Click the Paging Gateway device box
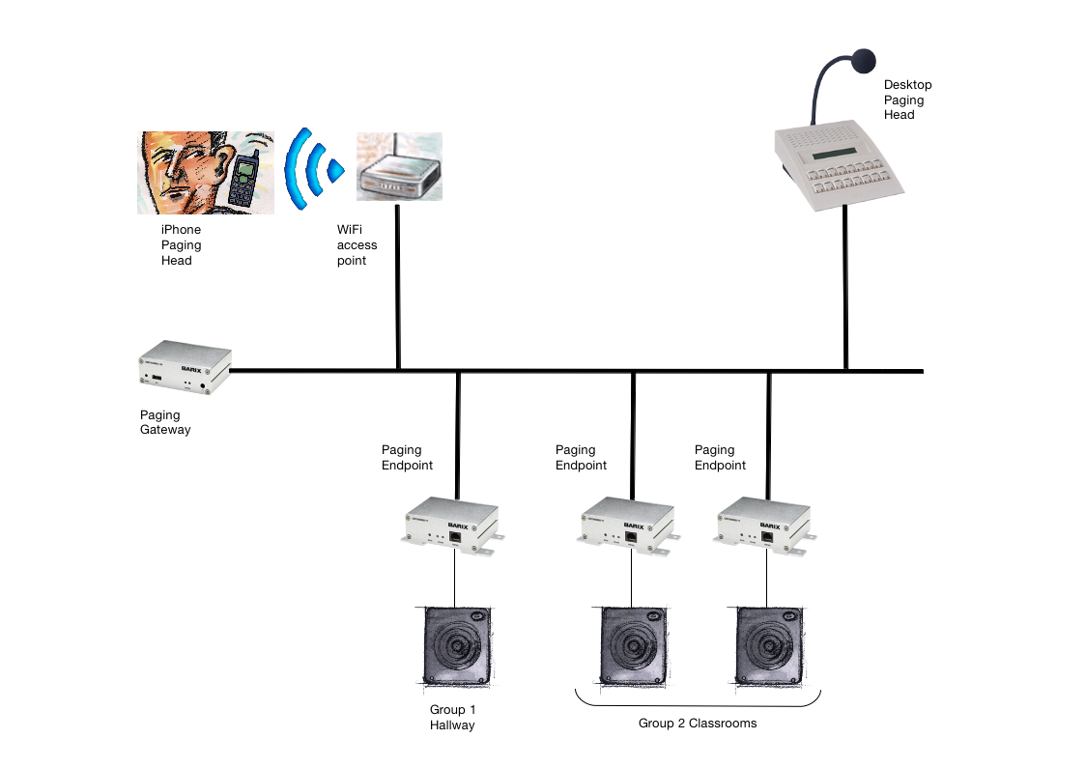pos(185,370)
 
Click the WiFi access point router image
pos(398,168)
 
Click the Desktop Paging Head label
pos(907,99)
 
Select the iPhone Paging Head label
pos(181,245)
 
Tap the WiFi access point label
pos(357,245)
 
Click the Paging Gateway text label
pos(165,422)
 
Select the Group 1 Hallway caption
pos(452,717)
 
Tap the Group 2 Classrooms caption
pos(698,724)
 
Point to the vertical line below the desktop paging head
pos(845,290)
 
